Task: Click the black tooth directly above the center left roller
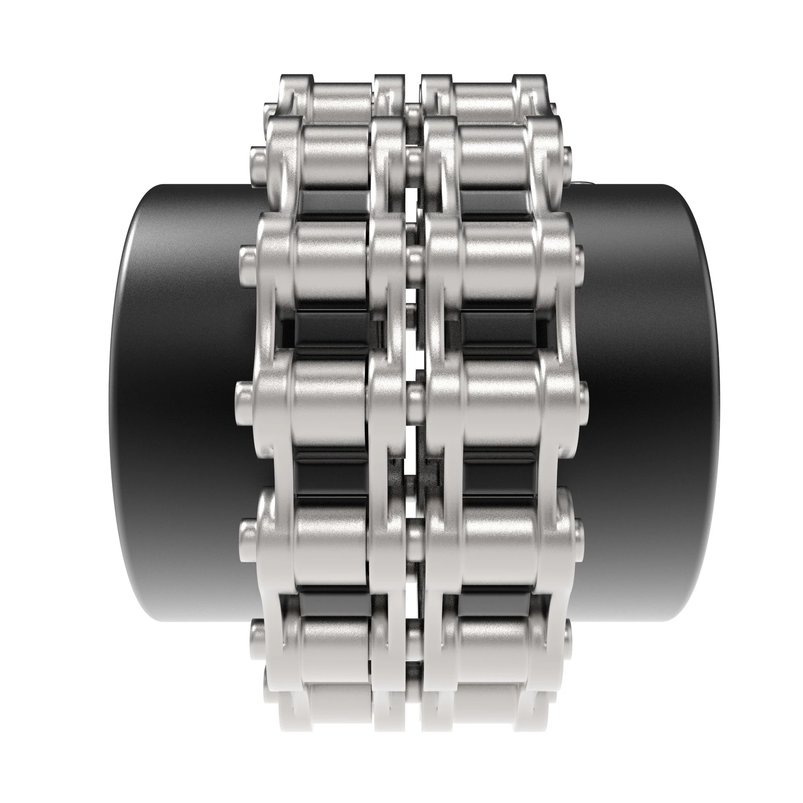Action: click(330, 330)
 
